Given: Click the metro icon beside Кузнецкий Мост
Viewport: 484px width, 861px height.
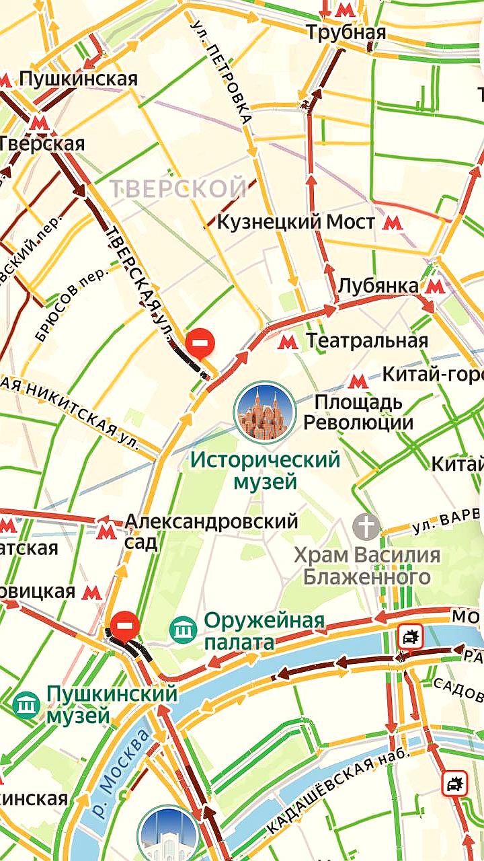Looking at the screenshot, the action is click(393, 222).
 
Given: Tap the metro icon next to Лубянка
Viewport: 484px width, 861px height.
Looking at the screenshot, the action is click(435, 287).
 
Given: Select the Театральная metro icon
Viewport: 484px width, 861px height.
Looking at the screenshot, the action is click(288, 341).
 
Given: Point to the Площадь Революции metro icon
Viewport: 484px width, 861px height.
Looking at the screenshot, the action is click(357, 381).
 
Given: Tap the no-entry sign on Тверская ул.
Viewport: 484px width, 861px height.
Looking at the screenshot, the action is click(200, 343).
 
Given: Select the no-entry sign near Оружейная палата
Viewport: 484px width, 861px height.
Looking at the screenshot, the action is click(124, 625).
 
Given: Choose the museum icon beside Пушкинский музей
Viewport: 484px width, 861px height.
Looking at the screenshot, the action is click(26, 704).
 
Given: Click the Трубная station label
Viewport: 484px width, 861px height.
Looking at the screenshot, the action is click(346, 32).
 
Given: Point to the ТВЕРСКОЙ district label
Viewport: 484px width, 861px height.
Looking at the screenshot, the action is click(178, 188).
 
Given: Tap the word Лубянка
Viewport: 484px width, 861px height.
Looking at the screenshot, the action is click(378, 286).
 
